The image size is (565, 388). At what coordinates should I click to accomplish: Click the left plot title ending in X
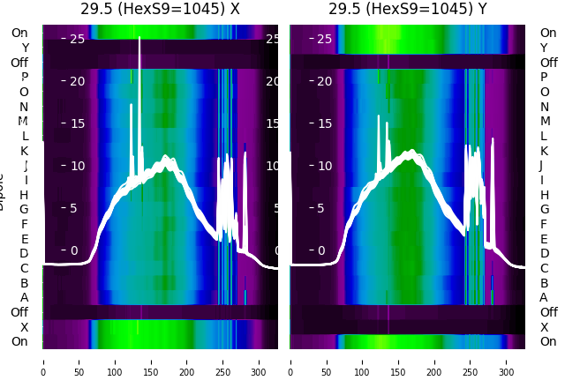click(x=160, y=10)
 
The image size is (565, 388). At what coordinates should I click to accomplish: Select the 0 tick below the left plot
click(x=43, y=361)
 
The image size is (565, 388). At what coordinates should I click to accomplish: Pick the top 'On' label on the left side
click(x=19, y=33)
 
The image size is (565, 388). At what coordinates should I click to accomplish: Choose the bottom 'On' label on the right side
click(x=548, y=341)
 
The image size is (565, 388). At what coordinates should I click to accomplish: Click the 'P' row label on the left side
click(x=25, y=77)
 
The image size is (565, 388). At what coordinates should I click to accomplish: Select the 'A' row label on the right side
click(x=544, y=297)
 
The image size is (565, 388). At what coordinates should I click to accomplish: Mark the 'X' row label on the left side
click(x=25, y=327)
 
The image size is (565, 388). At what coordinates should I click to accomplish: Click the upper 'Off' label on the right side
click(x=548, y=63)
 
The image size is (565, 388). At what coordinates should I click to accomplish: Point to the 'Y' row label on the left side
click(x=25, y=48)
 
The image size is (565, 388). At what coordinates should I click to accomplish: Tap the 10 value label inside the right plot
click(x=323, y=166)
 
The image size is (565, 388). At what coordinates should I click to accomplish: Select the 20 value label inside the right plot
click(x=323, y=81)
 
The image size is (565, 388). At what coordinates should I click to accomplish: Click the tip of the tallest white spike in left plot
click(x=139, y=39)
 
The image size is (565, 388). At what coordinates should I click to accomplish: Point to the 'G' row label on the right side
click(x=544, y=209)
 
